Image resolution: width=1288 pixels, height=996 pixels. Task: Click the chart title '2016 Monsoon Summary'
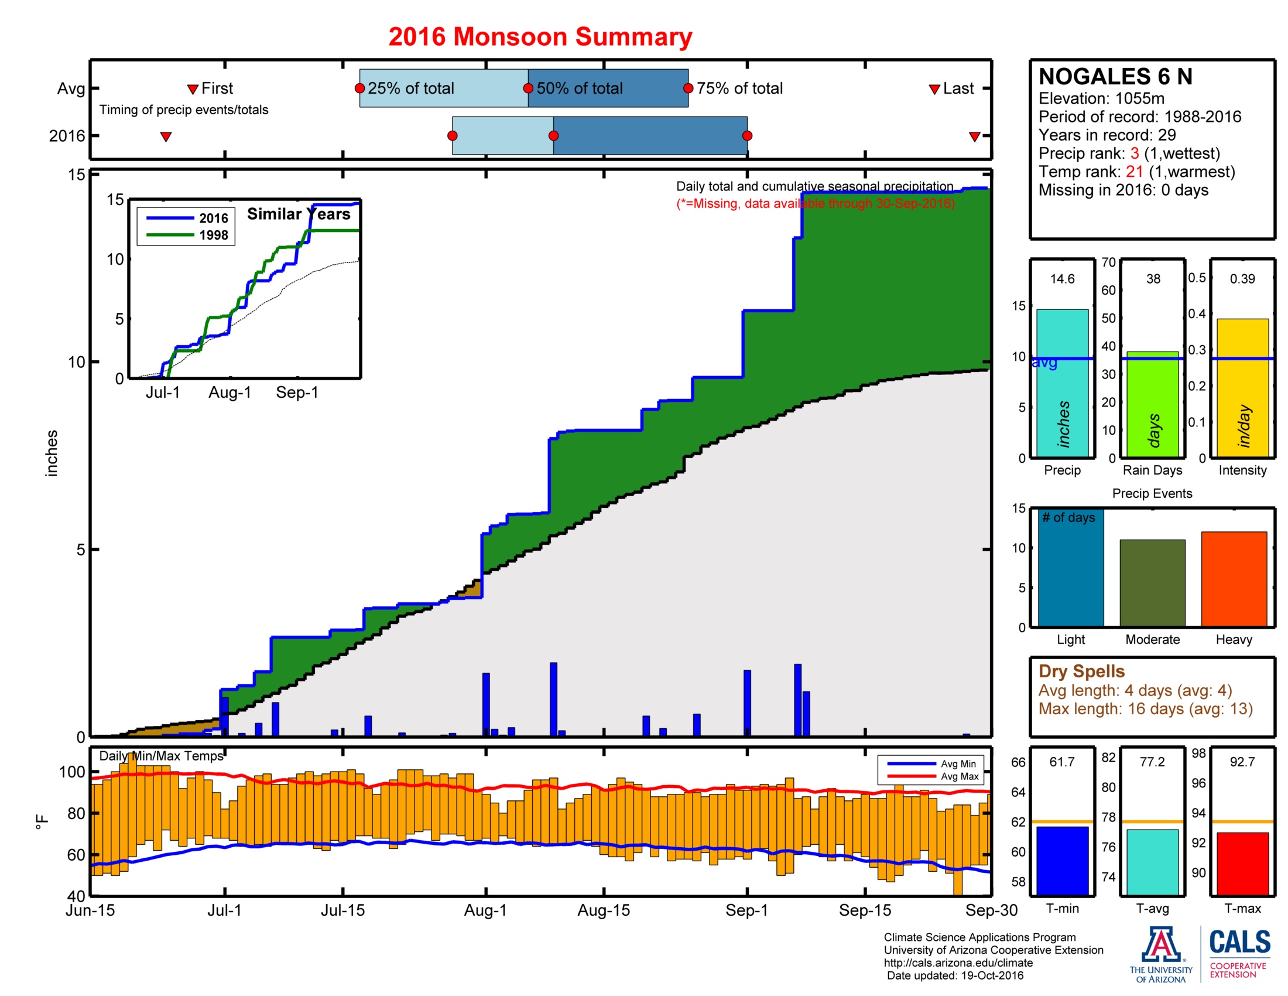point(540,36)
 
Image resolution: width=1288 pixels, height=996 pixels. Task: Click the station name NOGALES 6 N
point(1115,77)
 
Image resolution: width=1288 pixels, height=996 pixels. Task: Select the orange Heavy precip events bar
point(1234,578)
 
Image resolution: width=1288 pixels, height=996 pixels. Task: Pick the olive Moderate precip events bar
point(1152,582)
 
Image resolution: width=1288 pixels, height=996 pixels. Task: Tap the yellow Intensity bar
point(1242,388)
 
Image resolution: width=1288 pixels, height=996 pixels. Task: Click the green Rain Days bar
point(1152,404)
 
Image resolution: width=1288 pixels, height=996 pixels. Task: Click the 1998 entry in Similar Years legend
point(213,236)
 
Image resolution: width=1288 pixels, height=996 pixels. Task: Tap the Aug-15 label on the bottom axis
point(603,910)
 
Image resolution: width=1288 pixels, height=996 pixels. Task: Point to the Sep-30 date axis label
point(991,910)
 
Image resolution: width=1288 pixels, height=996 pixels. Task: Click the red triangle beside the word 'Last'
point(934,89)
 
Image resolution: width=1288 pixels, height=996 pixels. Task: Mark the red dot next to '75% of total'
point(688,88)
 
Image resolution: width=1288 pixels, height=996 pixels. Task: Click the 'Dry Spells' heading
point(1081,671)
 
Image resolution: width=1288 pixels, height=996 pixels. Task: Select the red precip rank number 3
point(1134,154)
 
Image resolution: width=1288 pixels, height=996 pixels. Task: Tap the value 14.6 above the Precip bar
point(1061,279)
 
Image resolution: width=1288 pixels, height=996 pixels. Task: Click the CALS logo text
point(1239,942)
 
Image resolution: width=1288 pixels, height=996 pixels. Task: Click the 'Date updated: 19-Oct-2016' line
point(955,975)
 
